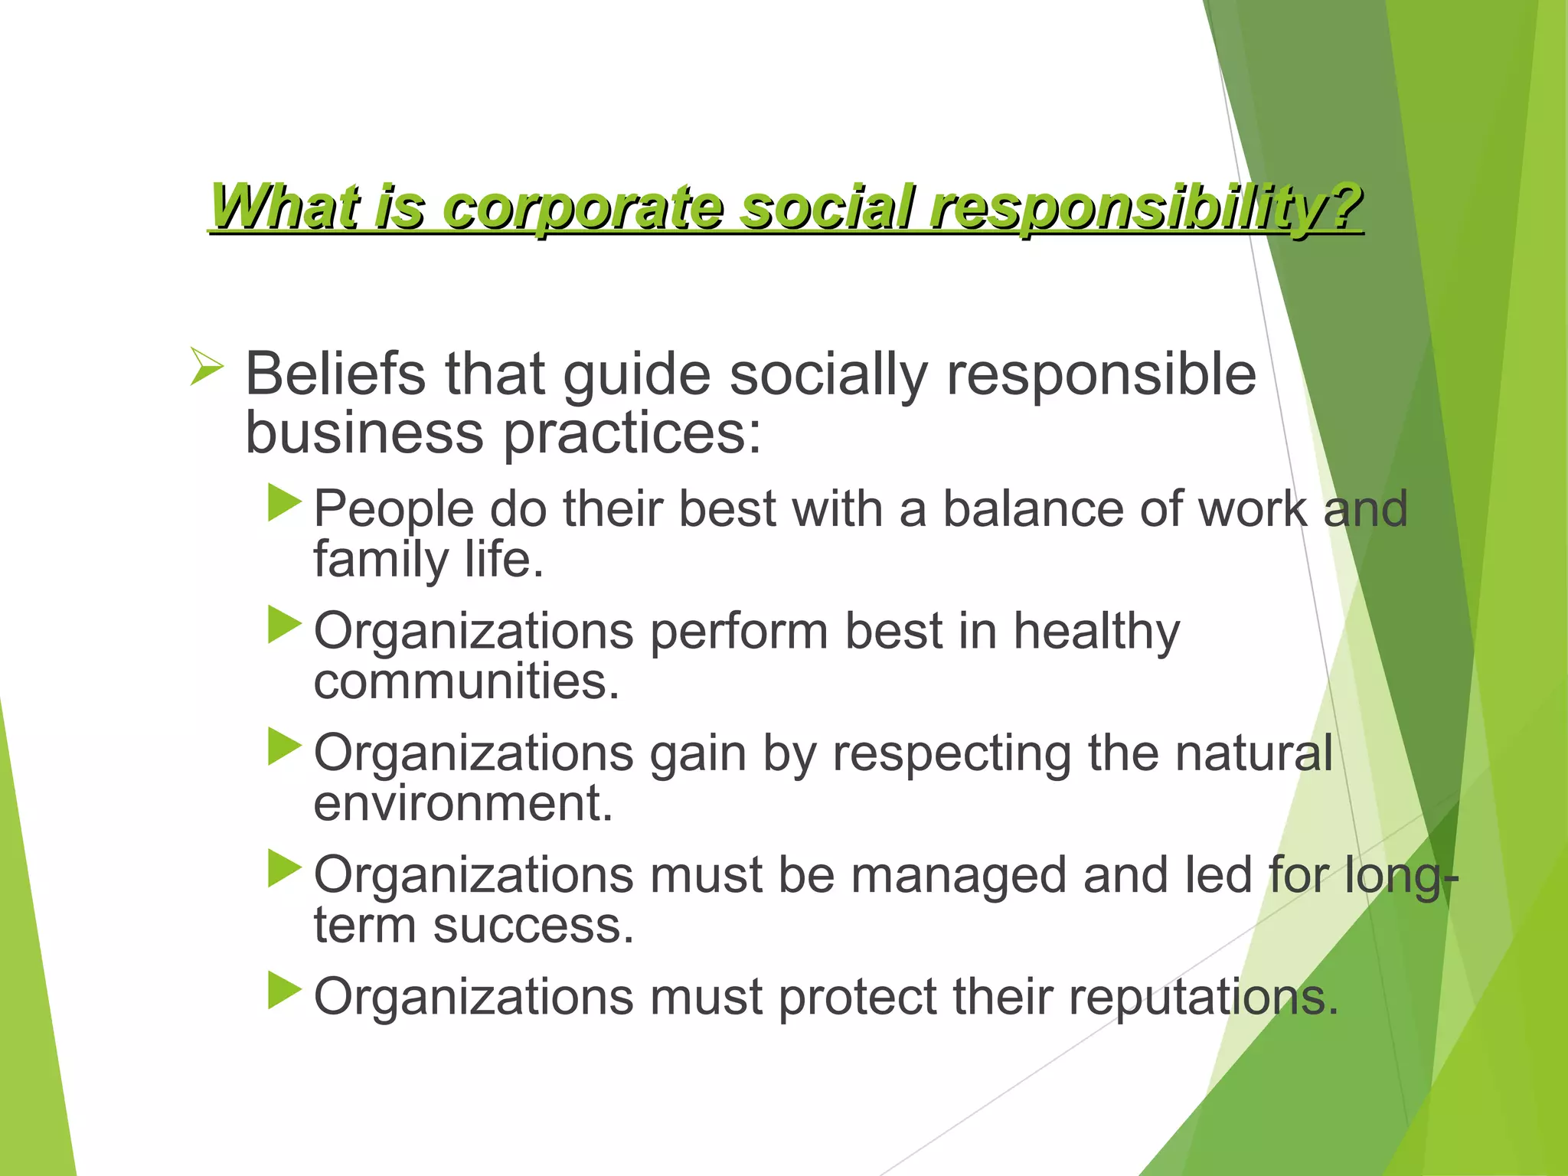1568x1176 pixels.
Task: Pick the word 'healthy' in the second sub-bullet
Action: point(1096,632)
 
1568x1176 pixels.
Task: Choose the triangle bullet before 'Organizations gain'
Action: point(285,747)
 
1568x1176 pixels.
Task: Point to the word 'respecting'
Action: point(952,754)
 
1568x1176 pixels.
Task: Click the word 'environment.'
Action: point(463,804)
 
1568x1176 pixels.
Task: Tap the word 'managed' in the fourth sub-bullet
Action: point(959,876)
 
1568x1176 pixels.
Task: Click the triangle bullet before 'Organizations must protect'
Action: point(285,991)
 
